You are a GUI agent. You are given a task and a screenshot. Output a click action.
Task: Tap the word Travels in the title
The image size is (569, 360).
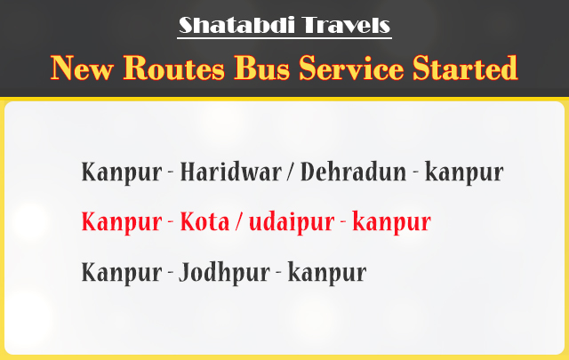(346, 25)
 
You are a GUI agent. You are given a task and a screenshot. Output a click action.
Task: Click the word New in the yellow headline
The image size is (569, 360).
(82, 68)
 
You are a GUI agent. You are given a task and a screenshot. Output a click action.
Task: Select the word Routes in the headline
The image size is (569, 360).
(174, 68)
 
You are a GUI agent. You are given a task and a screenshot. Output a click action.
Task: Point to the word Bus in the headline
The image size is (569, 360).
(262, 68)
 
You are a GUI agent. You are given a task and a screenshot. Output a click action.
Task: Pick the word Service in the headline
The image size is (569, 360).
(351, 68)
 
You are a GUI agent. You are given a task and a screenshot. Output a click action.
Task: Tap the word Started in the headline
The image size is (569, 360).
(465, 68)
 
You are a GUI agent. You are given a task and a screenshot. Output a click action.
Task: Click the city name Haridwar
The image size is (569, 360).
(231, 172)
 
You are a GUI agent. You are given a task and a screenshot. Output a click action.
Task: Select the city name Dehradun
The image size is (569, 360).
(354, 172)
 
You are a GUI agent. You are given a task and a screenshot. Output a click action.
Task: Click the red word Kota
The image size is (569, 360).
(205, 221)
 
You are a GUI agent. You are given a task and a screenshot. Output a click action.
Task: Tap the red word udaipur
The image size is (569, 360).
(292, 222)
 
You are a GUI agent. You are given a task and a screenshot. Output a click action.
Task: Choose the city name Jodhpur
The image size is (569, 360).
(224, 273)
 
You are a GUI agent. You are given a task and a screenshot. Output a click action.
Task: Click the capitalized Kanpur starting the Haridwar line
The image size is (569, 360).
(122, 173)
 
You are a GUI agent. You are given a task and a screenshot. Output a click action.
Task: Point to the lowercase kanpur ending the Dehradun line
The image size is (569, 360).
(464, 173)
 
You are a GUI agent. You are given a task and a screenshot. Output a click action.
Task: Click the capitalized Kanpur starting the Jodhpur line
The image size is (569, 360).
(122, 273)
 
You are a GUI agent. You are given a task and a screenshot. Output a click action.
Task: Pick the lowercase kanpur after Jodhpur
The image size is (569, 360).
(327, 273)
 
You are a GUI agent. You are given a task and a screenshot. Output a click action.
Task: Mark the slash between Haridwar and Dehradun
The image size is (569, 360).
(291, 172)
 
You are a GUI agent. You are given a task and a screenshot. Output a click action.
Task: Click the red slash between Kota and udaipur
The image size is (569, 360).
(239, 222)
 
